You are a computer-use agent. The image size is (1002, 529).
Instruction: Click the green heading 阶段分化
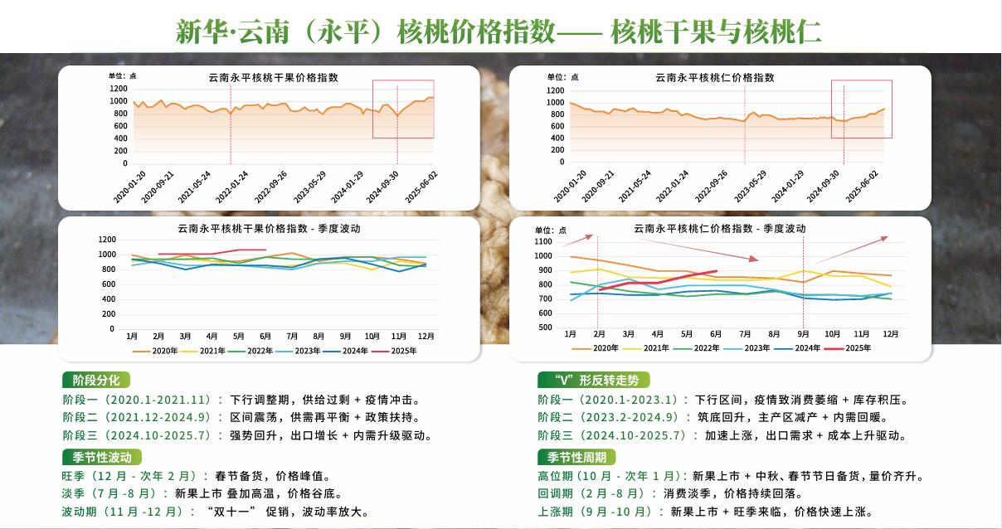point(96,380)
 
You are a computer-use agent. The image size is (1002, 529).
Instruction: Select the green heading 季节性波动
point(101,457)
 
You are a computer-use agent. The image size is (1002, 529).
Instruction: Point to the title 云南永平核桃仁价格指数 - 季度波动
point(719,228)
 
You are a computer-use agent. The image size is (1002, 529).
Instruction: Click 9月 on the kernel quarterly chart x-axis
point(803,333)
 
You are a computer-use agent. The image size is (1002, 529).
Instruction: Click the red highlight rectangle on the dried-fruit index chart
point(403,109)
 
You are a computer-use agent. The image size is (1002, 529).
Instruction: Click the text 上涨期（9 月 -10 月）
point(598,512)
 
